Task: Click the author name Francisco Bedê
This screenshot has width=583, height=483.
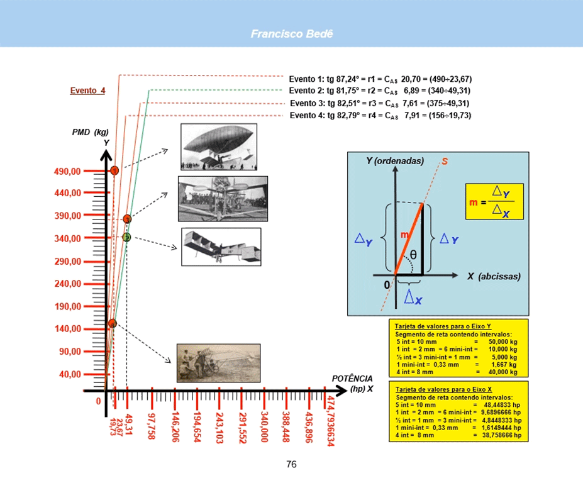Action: [x=291, y=33]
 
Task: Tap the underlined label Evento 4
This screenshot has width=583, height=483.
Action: [x=87, y=91]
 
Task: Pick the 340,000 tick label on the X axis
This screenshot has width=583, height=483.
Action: [x=265, y=428]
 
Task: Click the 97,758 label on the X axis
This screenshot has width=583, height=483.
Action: [x=151, y=428]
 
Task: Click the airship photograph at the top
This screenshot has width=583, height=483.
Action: [x=218, y=147]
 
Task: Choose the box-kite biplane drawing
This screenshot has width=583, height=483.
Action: [x=221, y=247]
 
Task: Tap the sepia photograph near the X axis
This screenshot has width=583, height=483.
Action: [x=218, y=363]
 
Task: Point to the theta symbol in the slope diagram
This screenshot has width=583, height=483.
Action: [x=413, y=255]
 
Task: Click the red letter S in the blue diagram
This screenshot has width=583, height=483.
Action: [x=445, y=162]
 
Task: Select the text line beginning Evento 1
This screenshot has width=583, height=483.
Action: [x=380, y=79]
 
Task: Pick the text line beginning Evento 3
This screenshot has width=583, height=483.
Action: [x=379, y=103]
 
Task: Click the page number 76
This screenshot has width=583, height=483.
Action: [x=291, y=465]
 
